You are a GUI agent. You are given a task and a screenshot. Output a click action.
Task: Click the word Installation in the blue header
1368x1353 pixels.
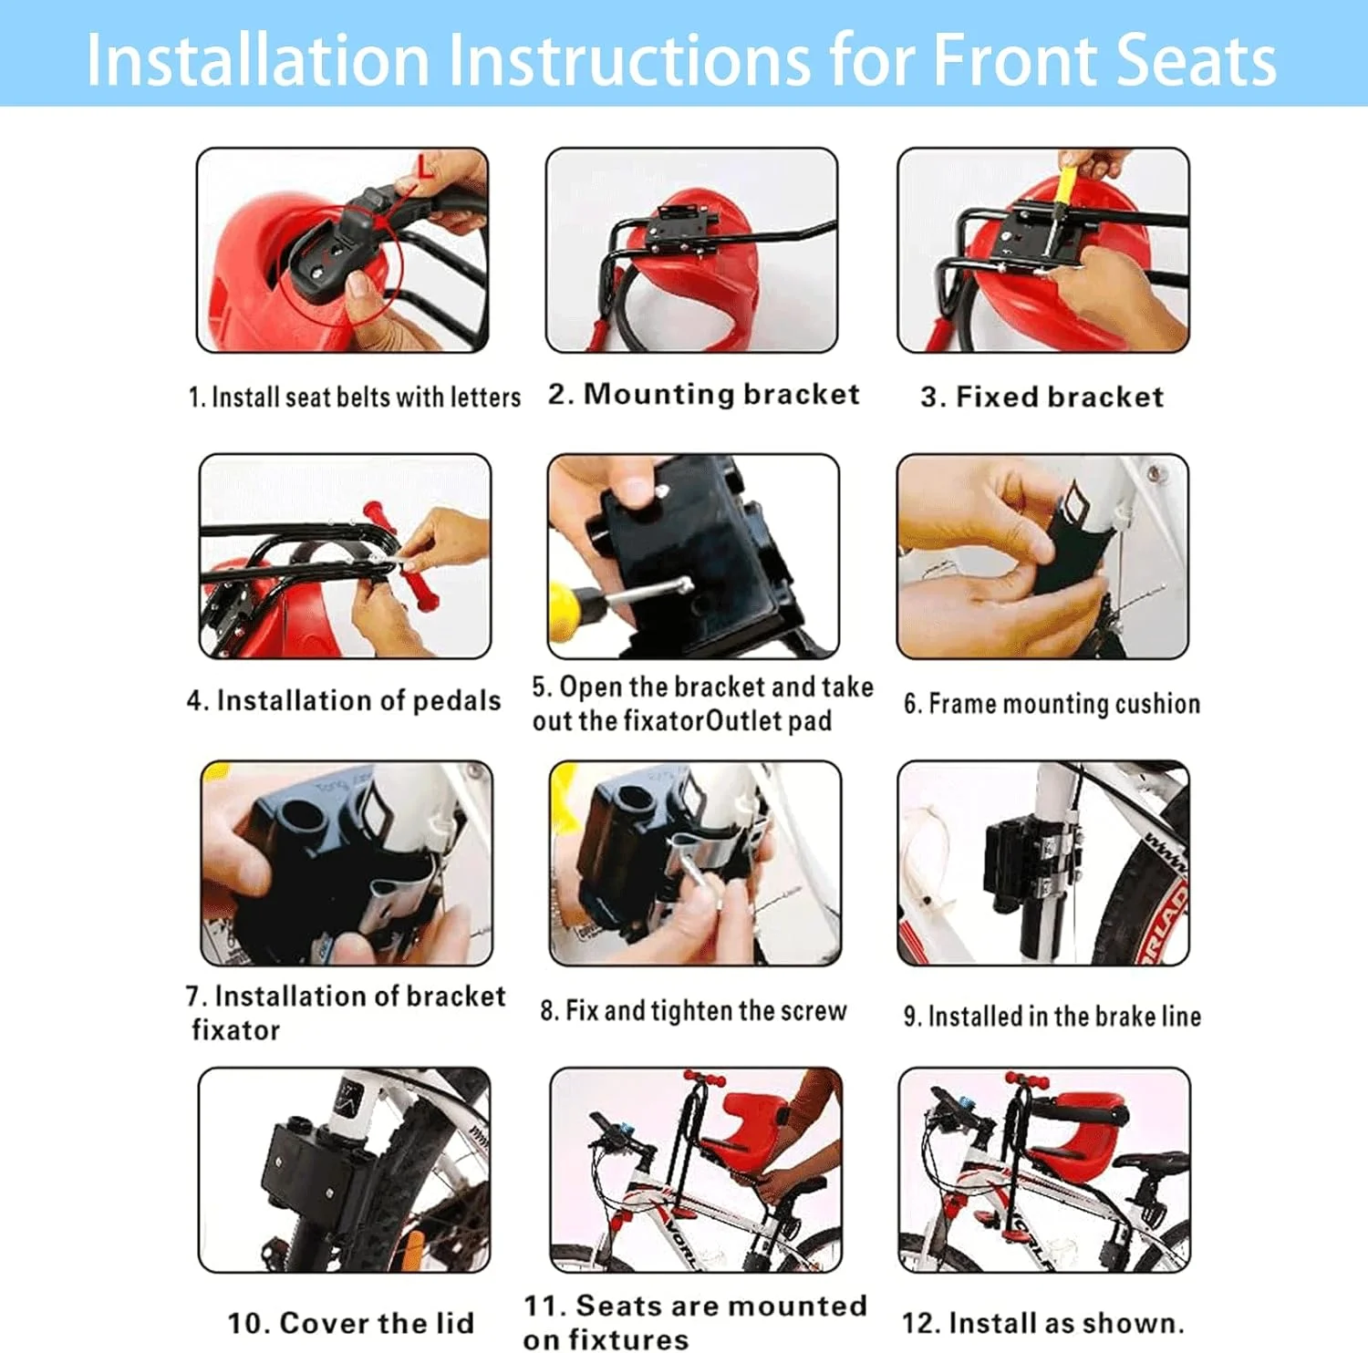258,60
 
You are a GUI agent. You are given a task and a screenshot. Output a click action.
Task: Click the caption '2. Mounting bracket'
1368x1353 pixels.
703,394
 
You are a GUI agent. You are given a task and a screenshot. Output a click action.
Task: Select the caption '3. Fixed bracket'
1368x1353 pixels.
1042,397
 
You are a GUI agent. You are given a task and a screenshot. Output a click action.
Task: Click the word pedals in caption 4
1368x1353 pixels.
457,700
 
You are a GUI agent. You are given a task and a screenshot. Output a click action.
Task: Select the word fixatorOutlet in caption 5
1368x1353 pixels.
702,721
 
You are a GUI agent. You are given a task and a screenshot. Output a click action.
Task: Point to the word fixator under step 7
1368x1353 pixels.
235,1030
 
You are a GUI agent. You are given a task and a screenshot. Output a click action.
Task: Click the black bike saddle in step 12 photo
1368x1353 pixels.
1151,1162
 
